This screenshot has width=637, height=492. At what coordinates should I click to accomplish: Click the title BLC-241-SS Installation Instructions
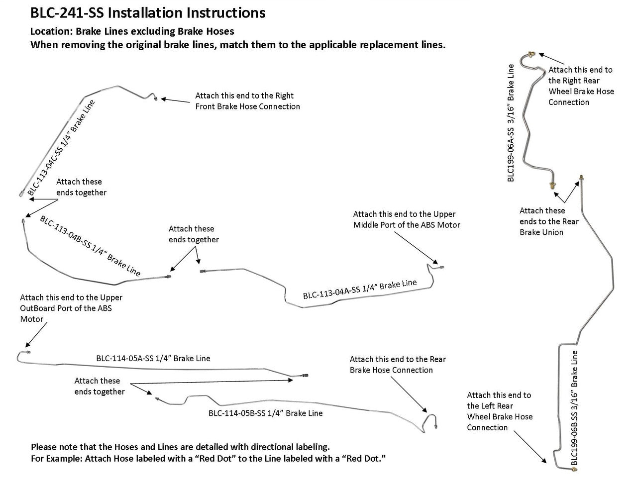[148, 13]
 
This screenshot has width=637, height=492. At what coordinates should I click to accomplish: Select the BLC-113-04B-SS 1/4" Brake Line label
[90, 246]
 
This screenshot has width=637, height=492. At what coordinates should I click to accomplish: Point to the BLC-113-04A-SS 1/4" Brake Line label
[360, 289]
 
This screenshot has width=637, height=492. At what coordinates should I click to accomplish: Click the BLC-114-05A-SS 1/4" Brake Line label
[153, 358]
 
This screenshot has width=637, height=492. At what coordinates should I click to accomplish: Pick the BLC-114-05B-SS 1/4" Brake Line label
[265, 413]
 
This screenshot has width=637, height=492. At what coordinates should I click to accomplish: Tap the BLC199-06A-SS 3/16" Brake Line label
[511, 123]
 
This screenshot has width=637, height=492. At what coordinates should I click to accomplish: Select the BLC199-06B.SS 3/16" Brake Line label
[574, 407]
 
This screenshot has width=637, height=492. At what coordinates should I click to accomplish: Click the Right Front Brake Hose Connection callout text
[247, 101]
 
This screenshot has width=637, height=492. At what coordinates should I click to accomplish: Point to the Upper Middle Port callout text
[407, 219]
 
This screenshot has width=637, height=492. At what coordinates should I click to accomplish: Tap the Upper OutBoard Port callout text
[71, 308]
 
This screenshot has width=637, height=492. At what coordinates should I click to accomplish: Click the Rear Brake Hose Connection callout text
[398, 364]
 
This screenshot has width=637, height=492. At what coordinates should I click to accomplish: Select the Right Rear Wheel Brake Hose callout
[581, 86]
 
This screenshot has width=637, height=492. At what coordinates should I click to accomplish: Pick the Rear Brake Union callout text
[549, 221]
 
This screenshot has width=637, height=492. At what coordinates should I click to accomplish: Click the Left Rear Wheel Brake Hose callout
[499, 411]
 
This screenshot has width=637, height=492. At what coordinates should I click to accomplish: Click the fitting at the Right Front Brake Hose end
[155, 98]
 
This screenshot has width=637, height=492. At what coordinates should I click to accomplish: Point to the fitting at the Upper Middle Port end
[441, 267]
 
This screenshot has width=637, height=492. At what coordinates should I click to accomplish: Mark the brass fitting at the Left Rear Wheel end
[574, 469]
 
